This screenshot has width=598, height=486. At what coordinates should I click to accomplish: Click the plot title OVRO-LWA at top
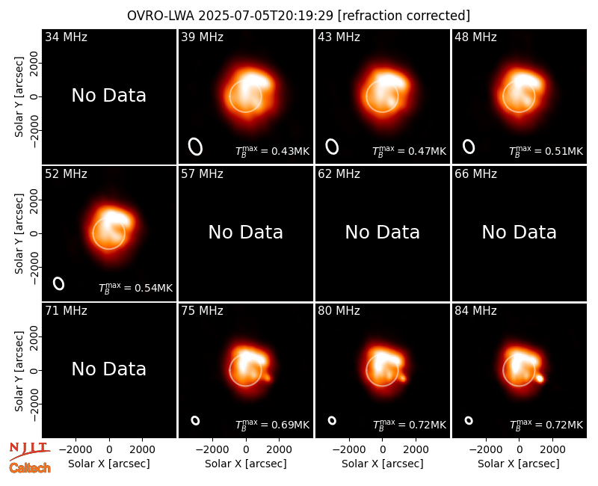point(161,16)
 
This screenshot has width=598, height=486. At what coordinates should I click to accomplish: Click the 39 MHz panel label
point(202,37)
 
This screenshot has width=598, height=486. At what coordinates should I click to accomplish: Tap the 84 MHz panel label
point(475,311)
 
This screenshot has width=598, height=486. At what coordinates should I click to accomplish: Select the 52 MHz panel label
point(66,174)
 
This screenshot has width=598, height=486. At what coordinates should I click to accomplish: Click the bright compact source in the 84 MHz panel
point(540,379)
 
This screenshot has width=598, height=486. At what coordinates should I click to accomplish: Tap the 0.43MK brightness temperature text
point(272,151)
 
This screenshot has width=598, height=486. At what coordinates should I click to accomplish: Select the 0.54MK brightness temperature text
point(135,287)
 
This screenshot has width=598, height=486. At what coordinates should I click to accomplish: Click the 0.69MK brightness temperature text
point(272,424)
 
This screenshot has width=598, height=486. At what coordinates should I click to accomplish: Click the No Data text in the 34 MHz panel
point(108,96)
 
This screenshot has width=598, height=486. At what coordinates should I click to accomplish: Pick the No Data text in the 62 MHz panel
point(382,232)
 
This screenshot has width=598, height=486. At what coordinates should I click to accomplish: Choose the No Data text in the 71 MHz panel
point(108,369)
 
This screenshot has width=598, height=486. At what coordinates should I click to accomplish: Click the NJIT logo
point(29,450)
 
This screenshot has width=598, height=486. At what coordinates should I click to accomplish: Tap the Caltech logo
point(30,468)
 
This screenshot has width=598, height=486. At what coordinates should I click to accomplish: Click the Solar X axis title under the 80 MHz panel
point(382,464)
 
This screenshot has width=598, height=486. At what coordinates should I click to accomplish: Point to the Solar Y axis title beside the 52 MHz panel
point(19,233)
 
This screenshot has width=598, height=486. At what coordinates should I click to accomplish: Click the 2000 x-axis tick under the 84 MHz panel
point(552,449)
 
